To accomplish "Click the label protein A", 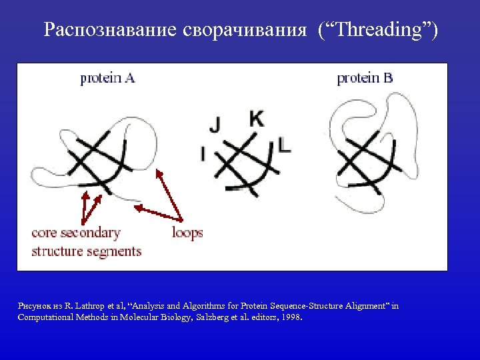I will click(x=107, y=78).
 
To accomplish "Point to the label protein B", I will click(x=365, y=78).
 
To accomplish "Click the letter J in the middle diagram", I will click(x=215, y=124).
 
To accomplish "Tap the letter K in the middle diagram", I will click(x=256, y=119).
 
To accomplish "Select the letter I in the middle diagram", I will click(x=203, y=154).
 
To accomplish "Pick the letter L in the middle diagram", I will click(x=285, y=146).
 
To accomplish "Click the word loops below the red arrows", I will click(x=187, y=233).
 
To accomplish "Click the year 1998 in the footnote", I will click(x=292, y=317).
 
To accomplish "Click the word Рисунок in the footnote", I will click(x=31, y=306).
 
